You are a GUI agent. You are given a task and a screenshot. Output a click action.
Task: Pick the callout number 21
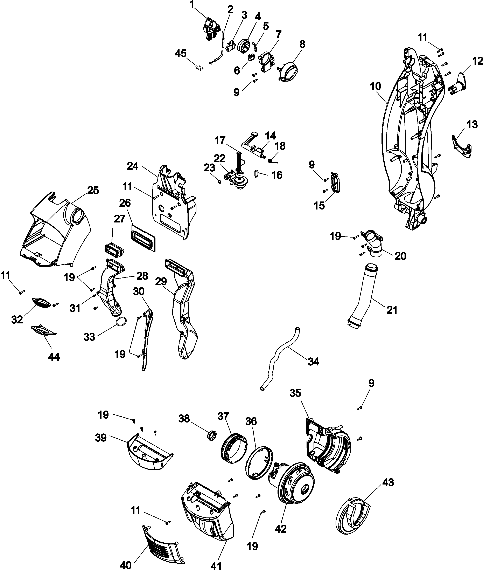point(392,310)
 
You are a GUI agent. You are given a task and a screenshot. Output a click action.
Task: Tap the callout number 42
point(280,529)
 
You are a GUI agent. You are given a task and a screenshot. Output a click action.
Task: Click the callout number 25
point(93,190)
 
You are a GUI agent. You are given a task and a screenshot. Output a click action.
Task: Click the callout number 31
point(75,308)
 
